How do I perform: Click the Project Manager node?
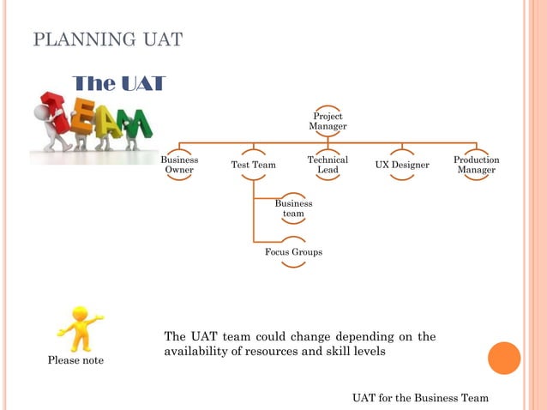click(328, 121)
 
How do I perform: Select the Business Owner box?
click(179, 165)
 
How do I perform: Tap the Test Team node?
click(253, 165)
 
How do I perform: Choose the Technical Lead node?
click(328, 165)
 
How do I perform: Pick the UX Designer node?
click(402, 165)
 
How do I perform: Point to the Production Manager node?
click(476, 165)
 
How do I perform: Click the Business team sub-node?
click(293, 208)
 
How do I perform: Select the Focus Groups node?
click(293, 252)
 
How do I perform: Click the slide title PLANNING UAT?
click(107, 39)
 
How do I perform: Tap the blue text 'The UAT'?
click(118, 83)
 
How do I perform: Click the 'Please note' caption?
click(75, 360)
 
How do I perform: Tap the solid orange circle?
click(504, 358)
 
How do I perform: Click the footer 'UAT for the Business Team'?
click(420, 398)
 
